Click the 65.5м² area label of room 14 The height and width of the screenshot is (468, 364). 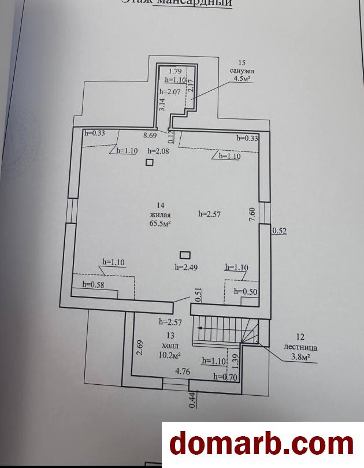coord(161,222)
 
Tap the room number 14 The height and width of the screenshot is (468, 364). coord(161,205)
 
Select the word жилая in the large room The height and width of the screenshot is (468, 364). coord(161,214)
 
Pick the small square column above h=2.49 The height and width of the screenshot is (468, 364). coord(185,254)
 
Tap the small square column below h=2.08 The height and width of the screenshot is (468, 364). coord(150,162)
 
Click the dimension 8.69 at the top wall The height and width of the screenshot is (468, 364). coord(151,136)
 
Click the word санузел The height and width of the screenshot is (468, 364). coord(241,70)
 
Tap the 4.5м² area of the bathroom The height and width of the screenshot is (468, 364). coord(241,79)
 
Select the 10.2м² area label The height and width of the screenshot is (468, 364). coord(170,356)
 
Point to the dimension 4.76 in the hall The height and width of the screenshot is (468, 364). coord(183,372)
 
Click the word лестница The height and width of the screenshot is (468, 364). coord(301,348)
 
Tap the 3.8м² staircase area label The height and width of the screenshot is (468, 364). coord(300,358)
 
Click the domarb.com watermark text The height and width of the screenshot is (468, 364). coord(261,444)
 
